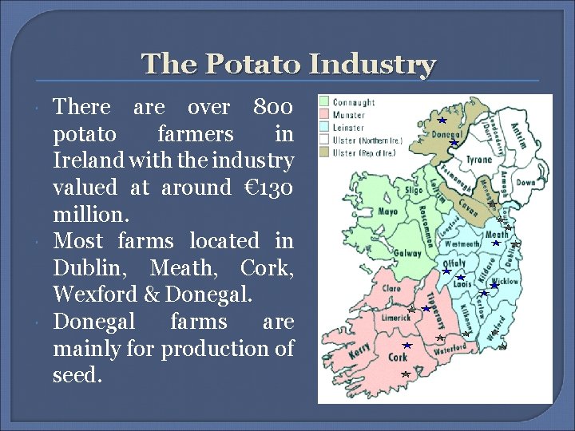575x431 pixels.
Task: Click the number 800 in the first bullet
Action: pos(272,106)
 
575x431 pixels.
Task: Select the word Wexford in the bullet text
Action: pos(85,295)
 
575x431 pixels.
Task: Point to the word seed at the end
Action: pos(77,375)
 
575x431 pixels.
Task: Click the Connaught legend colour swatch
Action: pos(324,102)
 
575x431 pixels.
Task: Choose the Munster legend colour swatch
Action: pos(324,115)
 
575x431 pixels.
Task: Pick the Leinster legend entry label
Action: pos(347,128)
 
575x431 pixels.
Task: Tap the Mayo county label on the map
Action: pos(387,212)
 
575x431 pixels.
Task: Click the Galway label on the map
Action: pos(407,254)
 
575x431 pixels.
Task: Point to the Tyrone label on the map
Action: pos(479,160)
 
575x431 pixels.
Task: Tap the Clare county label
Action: pos(391,288)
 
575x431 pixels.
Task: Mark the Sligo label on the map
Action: pos(414,192)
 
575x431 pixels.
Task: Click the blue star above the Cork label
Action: pos(406,346)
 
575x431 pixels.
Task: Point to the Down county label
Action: pos(525,183)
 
